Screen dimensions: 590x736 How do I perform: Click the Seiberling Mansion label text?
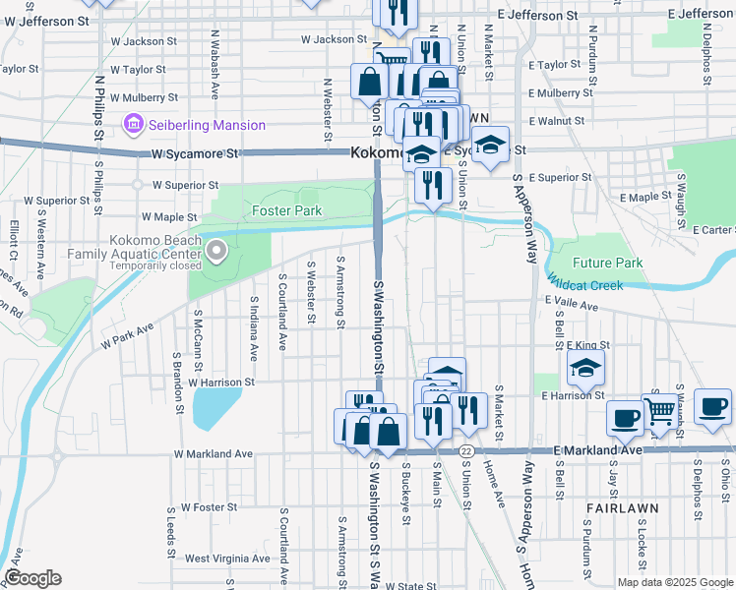pos(207,125)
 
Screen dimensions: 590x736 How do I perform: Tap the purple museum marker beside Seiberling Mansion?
pos(133,125)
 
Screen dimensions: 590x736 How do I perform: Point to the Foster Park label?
pos(286,210)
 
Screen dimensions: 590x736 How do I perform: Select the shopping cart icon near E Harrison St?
pos(660,410)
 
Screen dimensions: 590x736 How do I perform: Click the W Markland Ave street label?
pos(213,454)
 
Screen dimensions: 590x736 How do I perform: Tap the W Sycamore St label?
pos(195,154)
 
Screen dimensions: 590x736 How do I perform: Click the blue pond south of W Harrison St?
pos(215,407)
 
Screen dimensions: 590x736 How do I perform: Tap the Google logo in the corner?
pos(33,578)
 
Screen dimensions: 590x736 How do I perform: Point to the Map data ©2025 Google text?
pos(674,582)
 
